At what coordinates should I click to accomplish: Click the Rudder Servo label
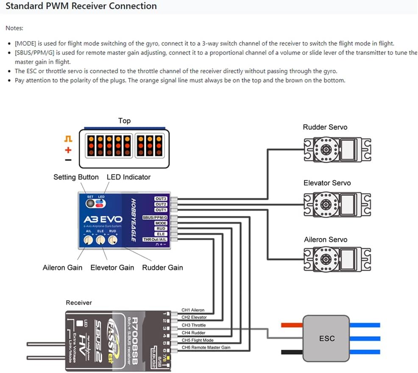click(x=325, y=127)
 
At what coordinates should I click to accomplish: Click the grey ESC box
click(x=326, y=338)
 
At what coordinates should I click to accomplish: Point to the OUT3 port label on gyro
click(x=161, y=199)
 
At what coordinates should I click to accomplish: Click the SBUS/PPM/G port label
click(x=155, y=217)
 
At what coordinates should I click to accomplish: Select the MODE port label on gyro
click(x=161, y=223)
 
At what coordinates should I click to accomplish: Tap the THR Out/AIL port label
click(x=156, y=240)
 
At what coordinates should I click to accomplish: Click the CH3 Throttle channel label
click(x=193, y=325)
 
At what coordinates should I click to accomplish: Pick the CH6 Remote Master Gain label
click(x=206, y=347)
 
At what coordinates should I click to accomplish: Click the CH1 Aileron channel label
click(x=193, y=310)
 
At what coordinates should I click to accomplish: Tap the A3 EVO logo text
click(x=103, y=220)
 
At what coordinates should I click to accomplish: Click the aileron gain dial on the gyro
click(x=88, y=240)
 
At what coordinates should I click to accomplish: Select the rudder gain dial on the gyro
click(x=112, y=240)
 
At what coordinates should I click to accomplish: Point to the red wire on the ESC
click(x=291, y=325)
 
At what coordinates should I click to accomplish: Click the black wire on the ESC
click(x=291, y=351)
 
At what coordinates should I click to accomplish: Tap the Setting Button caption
click(x=76, y=177)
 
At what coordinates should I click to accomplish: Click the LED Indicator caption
click(x=128, y=177)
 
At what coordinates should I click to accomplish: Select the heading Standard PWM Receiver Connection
click(x=81, y=6)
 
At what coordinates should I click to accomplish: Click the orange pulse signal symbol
click(x=68, y=139)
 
